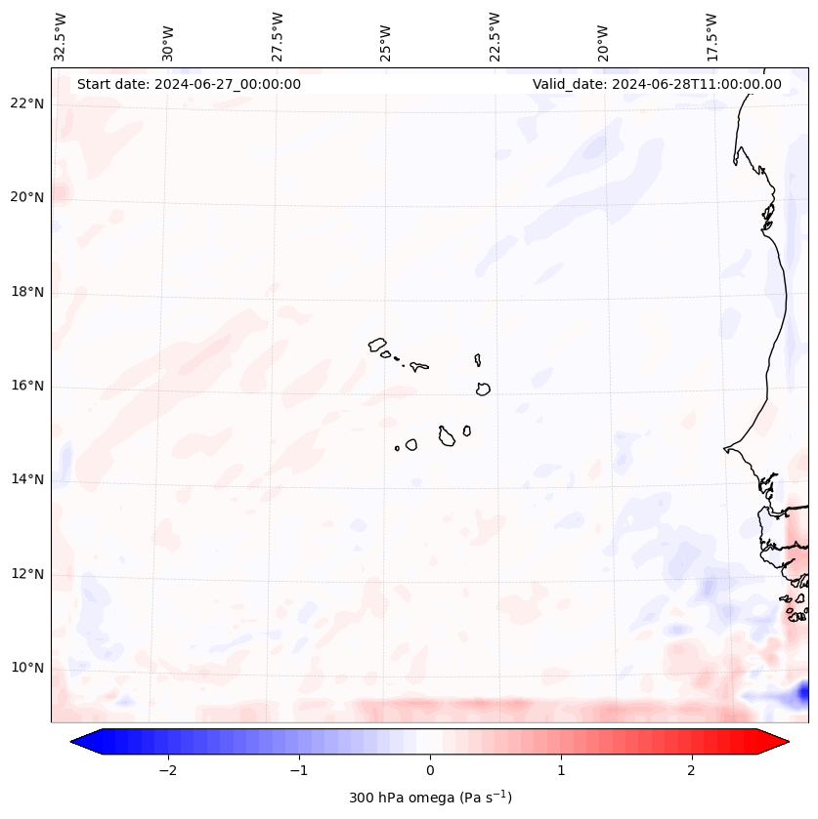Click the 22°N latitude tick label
[26, 103]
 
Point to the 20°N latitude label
[26, 197]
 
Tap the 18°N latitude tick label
[26, 292]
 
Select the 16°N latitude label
[26, 386]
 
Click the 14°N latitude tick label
[26, 479]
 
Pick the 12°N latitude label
[26, 574]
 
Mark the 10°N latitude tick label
[26, 668]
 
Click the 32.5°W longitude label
[61, 36]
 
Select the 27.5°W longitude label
[278, 36]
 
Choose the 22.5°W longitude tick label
[495, 36]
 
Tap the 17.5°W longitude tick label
[711, 36]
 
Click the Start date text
[189, 84]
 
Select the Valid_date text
[657, 84]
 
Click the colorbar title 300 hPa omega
[430, 798]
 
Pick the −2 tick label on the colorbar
[167, 770]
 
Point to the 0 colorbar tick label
[430, 770]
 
